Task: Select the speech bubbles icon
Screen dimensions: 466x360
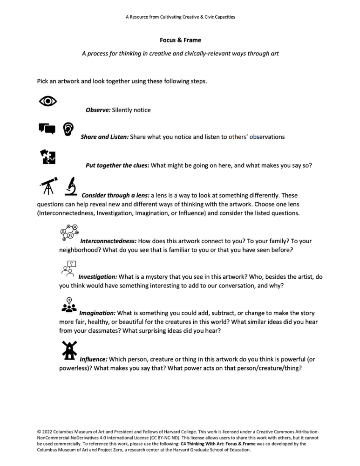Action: tap(47, 129)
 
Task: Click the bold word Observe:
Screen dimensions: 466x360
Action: tap(98, 110)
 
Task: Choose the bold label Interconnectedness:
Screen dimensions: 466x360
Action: tap(108, 241)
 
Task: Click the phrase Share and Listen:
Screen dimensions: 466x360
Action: tap(105, 137)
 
